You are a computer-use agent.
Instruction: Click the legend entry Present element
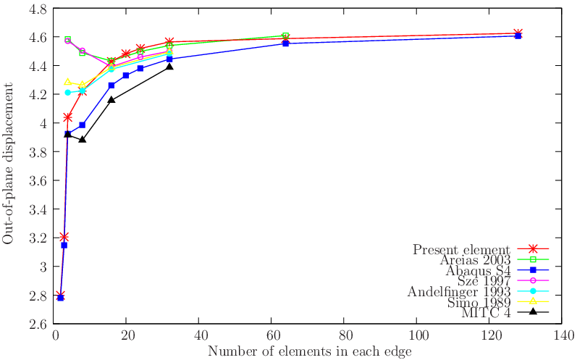tap(462, 249)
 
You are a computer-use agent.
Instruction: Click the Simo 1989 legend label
tap(480, 302)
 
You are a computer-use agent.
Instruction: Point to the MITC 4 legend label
tap(487, 313)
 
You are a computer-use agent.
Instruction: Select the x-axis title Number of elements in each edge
tap(310, 351)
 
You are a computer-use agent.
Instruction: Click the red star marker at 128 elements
tap(518, 33)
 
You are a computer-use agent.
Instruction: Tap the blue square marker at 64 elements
tap(285, 43)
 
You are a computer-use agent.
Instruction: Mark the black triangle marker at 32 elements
tap(169, 67)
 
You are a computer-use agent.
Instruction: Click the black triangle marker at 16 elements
tap(111, 99)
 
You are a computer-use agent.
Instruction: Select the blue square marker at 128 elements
tap(518, 35)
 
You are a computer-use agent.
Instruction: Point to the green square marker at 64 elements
tap(285, 36)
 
